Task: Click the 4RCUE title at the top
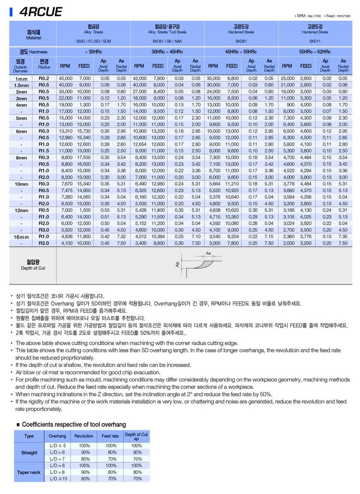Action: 40,12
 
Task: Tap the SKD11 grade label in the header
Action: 315,41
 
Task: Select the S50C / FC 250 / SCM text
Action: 93,41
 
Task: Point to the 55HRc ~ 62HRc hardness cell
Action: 315,52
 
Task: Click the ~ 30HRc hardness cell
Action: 93,52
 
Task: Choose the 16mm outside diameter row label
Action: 21,237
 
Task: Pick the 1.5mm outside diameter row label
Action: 21,85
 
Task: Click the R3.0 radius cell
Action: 44,230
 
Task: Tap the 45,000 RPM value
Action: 65,78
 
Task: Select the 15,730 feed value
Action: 84,131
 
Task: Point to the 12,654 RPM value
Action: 139,144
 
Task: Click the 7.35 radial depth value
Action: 343,237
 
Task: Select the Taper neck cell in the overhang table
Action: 29,472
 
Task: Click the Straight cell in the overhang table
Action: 29,452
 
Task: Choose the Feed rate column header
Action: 110,436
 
